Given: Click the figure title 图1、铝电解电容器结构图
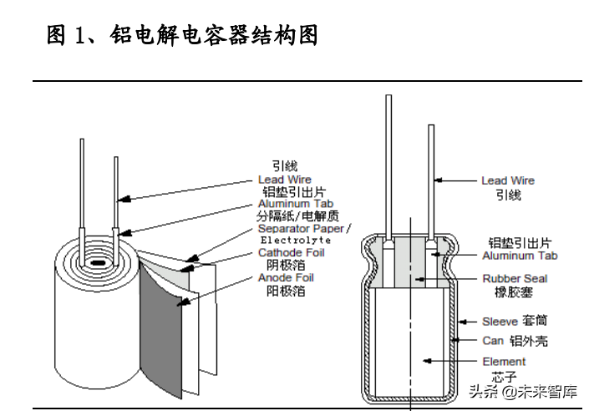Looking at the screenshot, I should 182,36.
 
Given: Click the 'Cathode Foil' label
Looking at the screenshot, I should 291,252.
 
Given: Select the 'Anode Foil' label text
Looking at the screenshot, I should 286,277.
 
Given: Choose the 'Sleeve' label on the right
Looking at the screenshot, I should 499,322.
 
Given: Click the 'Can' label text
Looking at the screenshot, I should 492,341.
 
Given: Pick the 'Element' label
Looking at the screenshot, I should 504,361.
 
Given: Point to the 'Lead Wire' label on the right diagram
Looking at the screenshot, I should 507,180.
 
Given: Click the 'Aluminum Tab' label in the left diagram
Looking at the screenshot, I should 296,204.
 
